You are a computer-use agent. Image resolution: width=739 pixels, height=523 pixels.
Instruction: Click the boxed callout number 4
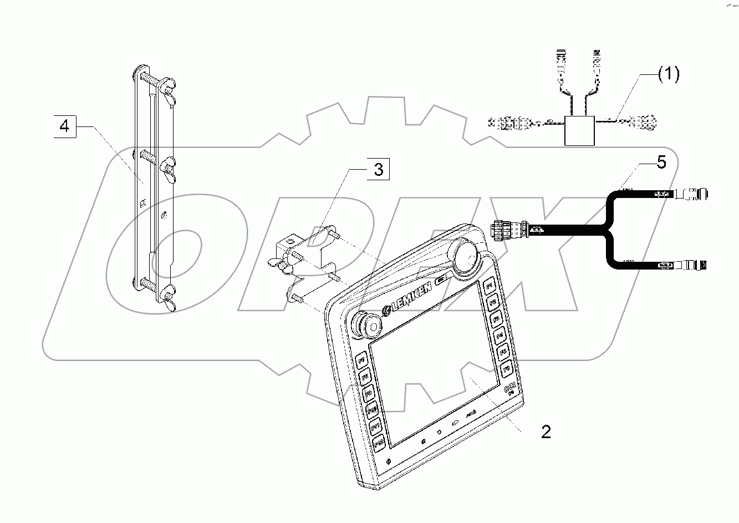pyautogui.click(x=65, y=127)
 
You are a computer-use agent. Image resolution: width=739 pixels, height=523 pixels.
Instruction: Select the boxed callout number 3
pyautogui.click(x=378, y=169)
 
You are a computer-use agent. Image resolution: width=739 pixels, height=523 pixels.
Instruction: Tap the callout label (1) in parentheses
pyautogui.click(x=668, y=74)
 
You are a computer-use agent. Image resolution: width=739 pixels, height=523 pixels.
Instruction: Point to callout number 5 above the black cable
pyautogui.click(x=661, y=162)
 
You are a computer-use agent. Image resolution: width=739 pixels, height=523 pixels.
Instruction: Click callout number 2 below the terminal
pyautogui.click(x=546, y=432)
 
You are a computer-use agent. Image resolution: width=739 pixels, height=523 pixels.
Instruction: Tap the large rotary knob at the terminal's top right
pyautogui.click(x=467, y=253)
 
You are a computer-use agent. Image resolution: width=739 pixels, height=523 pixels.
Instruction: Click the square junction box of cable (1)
pyautogui.click(x=579, y=131)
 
